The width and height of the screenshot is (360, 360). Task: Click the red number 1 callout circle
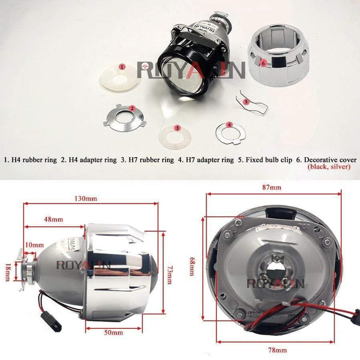122,67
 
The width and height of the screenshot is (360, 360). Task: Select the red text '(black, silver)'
331,169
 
